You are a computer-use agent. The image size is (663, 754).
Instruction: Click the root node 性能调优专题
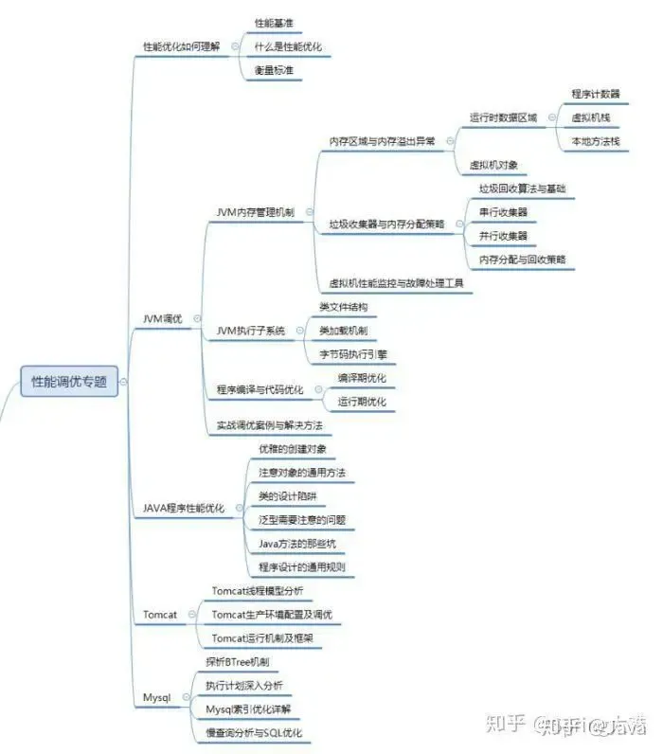[69, 383]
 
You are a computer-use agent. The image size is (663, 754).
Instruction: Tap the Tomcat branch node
[160, 615]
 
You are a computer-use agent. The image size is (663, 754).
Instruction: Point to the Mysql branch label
[156, 697]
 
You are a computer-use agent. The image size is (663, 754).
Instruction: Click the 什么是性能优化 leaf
[288, 46]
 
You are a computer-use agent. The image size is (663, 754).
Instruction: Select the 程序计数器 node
[596, 94]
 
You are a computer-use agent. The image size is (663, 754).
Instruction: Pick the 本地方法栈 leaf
[595, 141]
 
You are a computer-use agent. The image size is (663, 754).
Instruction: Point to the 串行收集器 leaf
[504, 212]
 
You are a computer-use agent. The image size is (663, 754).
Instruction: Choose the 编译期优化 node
[362, 378]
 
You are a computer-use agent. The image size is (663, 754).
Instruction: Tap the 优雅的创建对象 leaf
[293, 449]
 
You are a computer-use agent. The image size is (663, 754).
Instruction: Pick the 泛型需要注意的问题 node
[302, 520]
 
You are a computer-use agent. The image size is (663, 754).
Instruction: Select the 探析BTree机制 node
[238, 661]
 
